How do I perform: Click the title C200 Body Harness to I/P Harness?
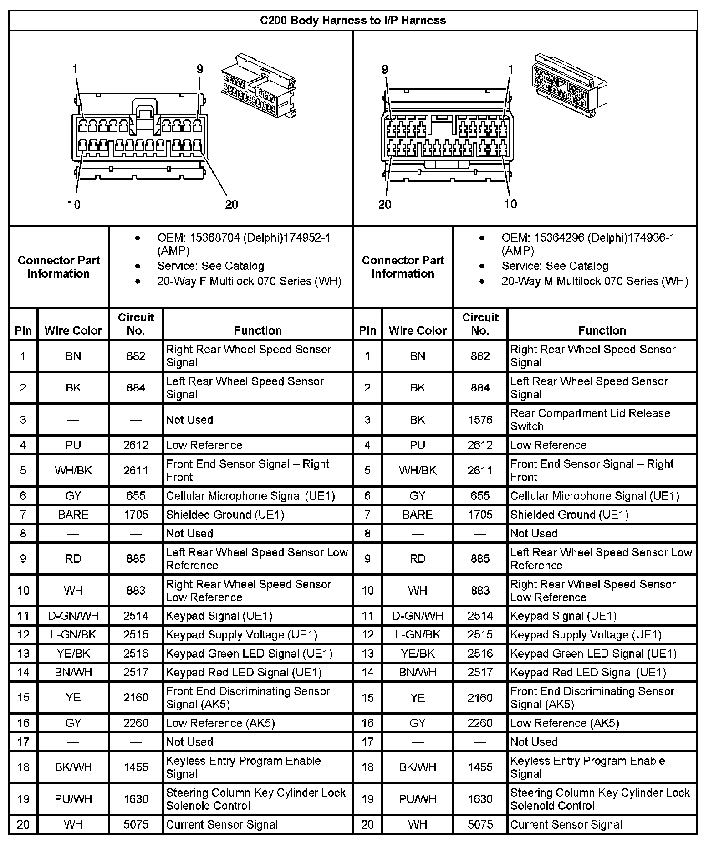pos(353,21)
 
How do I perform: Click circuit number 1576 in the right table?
pos(480,420)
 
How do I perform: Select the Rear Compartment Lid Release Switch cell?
pos(590,420)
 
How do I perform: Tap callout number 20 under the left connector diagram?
pos(231,205)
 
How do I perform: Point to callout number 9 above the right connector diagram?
pos(385,70)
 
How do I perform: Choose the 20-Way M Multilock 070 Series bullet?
pos(594,281)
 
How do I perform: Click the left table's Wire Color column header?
pos(73,330)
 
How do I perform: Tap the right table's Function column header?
pos(602,330)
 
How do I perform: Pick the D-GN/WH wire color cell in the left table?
pos(73,616)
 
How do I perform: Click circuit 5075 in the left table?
pos(136,824)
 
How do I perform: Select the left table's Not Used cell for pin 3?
pos(189,420)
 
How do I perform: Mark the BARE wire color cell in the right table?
pos(418,515)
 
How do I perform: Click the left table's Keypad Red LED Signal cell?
pos(244,672)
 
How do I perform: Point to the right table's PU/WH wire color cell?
pos(418,799)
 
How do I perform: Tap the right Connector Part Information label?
pos(403,267)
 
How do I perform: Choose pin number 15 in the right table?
pos(367,698)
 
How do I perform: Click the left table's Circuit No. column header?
pos(136,324)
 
